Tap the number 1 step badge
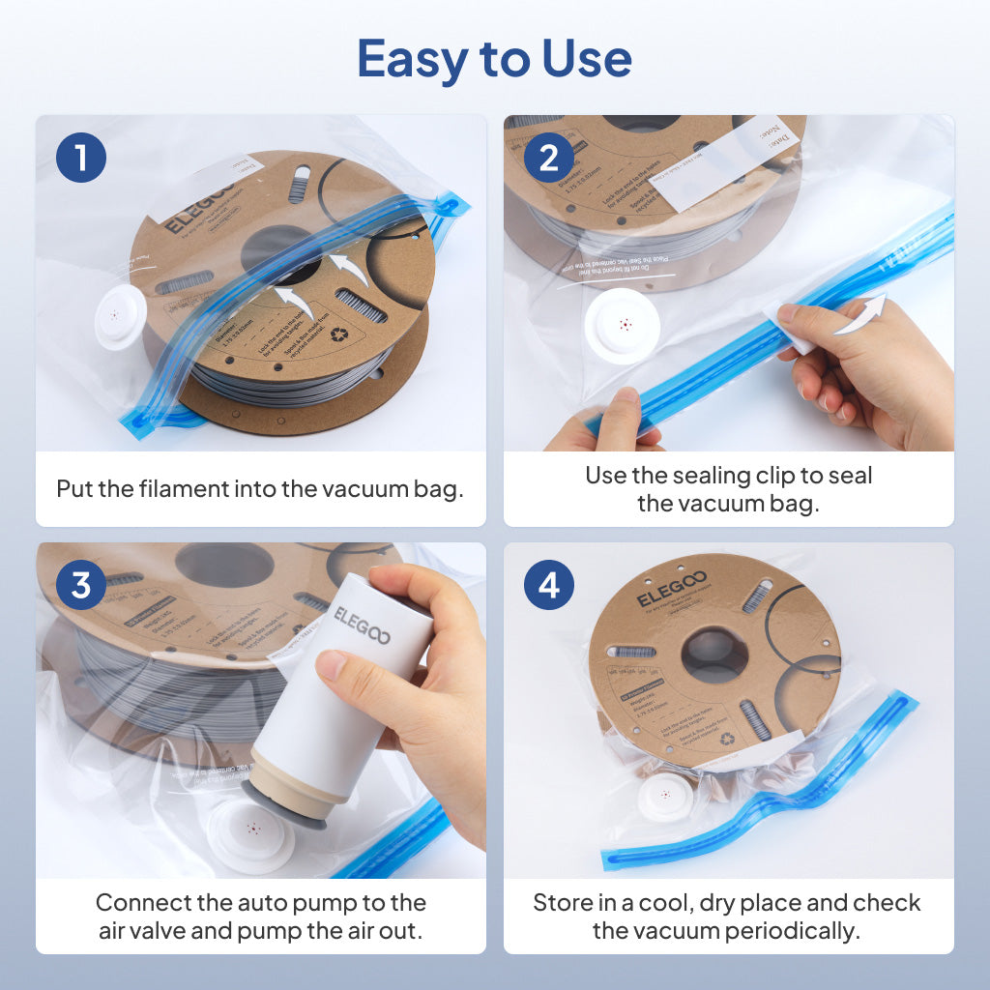click(81, 158)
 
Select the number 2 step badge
click(548, 158)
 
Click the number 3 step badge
click(81, 586)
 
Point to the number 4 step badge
click(548, 586)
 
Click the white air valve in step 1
click(120, 316)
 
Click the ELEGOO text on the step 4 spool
click(672, 588)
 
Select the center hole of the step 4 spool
click(714, 655)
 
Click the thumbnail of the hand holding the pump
click(261, 710)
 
